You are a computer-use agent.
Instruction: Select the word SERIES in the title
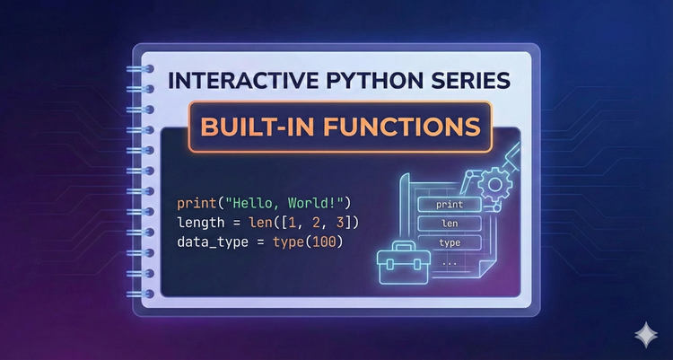click(468, 81)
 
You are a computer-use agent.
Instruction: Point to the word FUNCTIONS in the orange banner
click(400, 125)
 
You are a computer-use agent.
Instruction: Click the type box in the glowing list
click(449, 242)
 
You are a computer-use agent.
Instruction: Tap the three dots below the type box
click(449, 262)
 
